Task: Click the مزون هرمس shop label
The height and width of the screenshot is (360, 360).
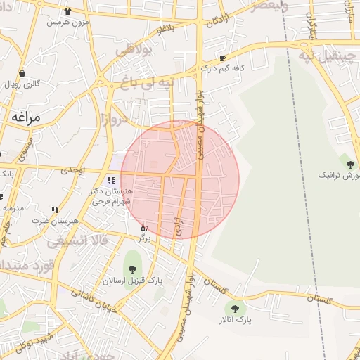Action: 65,22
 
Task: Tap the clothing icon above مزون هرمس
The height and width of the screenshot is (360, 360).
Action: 67,12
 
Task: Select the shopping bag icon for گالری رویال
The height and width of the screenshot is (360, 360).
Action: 22,73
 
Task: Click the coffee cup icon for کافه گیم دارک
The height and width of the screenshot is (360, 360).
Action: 223,58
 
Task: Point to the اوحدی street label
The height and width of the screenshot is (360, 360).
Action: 72,170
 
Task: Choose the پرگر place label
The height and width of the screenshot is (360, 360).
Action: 143,238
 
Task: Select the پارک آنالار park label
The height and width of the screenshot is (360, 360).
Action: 235,321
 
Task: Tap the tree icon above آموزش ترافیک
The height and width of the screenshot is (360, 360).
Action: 350,165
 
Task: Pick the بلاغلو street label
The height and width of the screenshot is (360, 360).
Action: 166,30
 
